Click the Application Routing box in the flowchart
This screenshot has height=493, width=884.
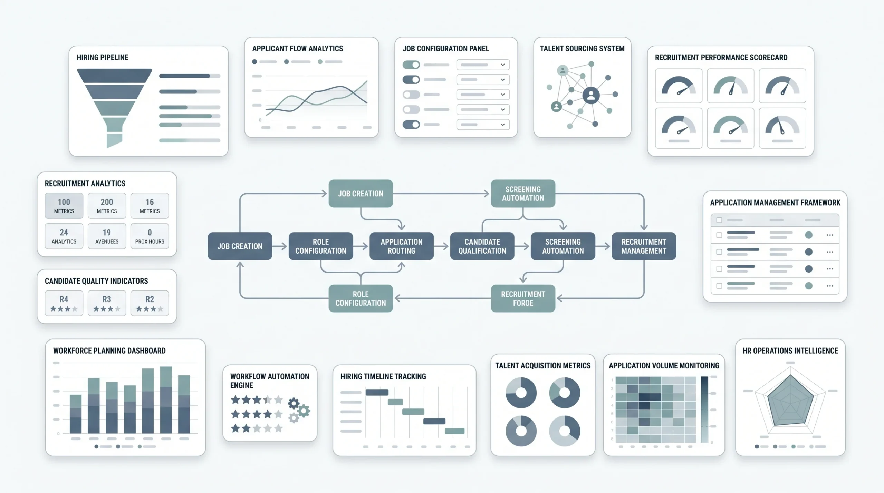click(x=401, y=246)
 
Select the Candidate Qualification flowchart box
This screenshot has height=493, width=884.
click(x=482, y=246)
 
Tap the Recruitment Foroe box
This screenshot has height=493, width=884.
click(x=523, y=298)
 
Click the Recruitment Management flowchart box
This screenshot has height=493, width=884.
click(x=644, y=246)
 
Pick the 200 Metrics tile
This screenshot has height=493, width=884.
click(x=107, y=206)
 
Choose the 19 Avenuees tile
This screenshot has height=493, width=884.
click(x=107, y=236)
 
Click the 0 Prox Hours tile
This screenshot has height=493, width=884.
click(x=150, y=236)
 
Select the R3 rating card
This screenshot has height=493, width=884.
click(x=107, y=303)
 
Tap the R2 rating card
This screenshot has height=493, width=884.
click(x=150, y=303)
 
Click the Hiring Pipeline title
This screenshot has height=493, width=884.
click(x=103, y=58)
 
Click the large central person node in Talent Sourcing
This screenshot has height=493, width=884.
click(x=591, y=96)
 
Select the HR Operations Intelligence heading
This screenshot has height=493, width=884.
click(x=790, y=351)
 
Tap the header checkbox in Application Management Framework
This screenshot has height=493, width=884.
click(x=719, y=220)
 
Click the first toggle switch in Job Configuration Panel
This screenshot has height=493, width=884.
click(x=411, y=65)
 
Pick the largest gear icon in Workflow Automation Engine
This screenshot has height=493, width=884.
click(x=304, y=411)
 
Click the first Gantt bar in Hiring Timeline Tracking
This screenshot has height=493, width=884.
click(x=377, y=392)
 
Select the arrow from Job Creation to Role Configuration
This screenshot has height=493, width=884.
click(x=280, y=246)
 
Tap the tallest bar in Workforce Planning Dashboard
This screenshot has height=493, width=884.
click(x=166, y=400)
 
